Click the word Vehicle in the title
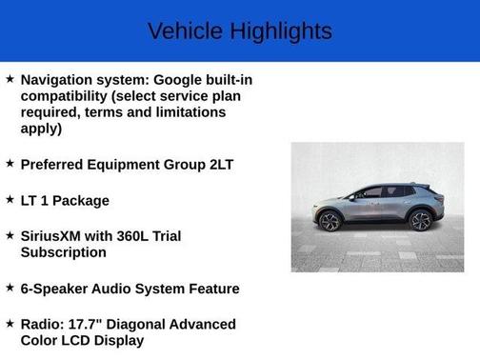pos(184,31)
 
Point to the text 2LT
pos(215,164)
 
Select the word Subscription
pos(64,252)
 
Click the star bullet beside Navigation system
pos(10,78)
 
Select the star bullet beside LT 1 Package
pos(10,200)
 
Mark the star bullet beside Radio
pos(10,324)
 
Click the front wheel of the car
pos(330,222)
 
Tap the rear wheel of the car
pos(419,221)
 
